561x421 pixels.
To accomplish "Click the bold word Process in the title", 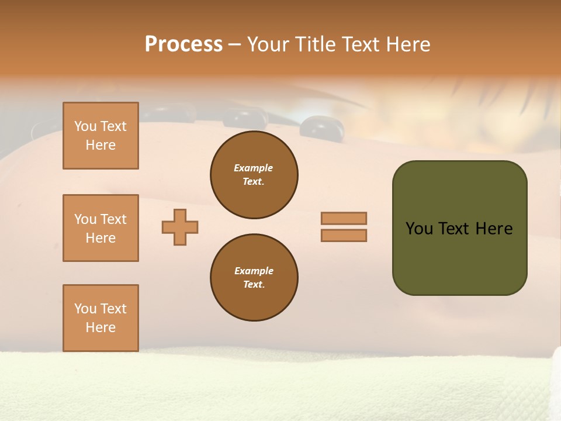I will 183,44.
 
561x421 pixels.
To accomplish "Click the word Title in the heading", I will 316,44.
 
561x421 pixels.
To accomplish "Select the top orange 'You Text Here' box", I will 101,136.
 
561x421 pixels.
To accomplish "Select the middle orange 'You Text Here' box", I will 101,228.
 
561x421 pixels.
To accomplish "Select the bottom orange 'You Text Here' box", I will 101,318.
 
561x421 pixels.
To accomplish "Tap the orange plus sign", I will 180,227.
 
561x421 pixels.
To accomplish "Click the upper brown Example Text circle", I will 254,175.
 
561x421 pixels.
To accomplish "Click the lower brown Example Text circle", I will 254,278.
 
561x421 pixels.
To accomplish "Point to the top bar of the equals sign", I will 344,218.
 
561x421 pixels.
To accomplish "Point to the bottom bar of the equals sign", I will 344,235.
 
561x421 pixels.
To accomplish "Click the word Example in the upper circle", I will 254,168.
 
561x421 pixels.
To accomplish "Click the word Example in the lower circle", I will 254,271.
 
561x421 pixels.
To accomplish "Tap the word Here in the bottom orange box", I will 101,327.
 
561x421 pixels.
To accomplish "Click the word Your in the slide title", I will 268,44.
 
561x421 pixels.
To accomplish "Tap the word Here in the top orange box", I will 101,145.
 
